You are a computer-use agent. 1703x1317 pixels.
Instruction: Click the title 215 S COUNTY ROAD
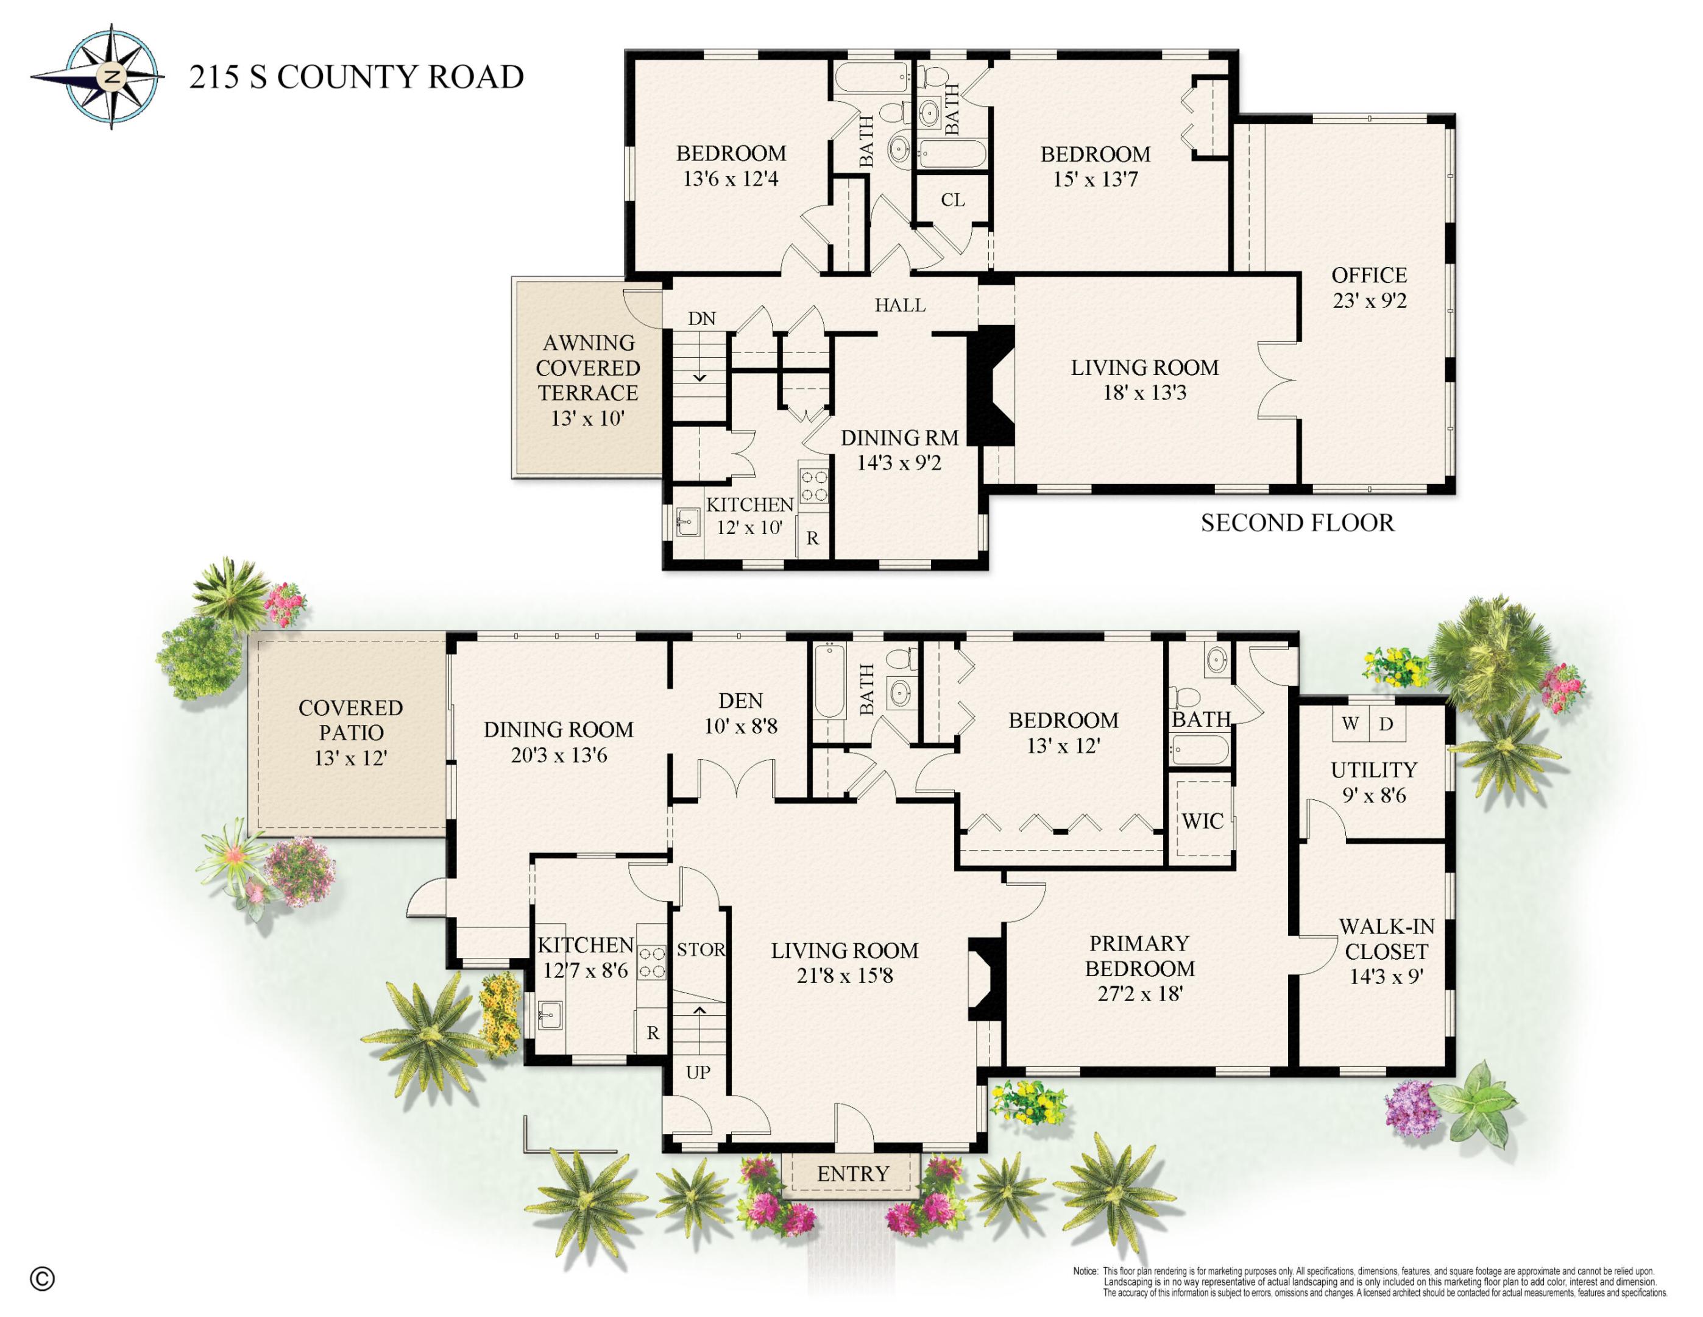356,77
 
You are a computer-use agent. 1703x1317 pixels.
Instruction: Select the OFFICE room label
1369,276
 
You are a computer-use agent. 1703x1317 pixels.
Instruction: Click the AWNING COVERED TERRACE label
588,368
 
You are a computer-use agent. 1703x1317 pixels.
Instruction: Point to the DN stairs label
702,318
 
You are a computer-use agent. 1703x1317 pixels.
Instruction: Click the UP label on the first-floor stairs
698,1072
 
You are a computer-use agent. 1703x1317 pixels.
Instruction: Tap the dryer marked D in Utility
1386,723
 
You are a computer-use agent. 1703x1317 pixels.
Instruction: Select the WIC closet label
1202,821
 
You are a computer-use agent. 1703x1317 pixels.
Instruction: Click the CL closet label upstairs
953,201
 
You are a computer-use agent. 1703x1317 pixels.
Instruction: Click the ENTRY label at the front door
852,1174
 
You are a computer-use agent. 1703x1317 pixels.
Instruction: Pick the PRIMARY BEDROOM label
1139,956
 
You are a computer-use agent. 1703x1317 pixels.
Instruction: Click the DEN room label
741,701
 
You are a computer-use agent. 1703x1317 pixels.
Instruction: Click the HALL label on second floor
900,305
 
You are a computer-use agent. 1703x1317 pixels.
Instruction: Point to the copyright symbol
42,1279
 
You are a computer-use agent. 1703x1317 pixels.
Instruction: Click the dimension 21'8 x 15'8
844,976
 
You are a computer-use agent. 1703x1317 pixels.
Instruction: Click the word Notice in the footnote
1085,1271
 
